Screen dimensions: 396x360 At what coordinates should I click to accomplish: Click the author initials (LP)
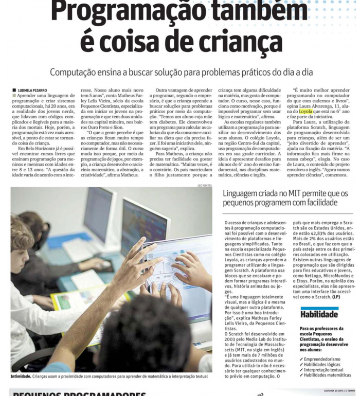coord(336,297)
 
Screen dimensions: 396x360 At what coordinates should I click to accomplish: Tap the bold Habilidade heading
coord(319,314)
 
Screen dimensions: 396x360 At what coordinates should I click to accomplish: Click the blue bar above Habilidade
coord(319,307)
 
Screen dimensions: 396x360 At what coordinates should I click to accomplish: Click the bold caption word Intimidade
coord(21,376)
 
